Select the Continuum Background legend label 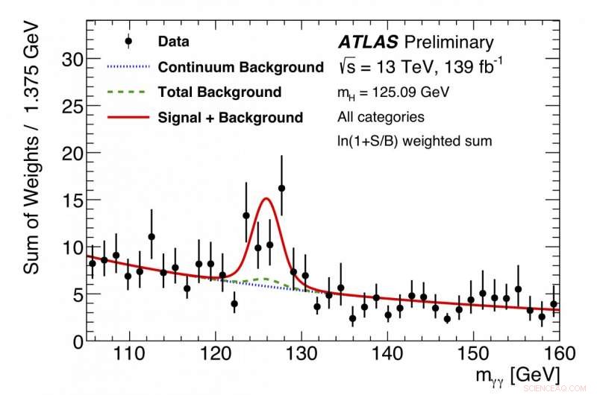tap(240, 67)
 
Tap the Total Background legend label tap(219, 92)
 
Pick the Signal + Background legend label tap(230, 117)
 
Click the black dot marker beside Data tap(129, 42)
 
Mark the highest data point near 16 tap(281, 188)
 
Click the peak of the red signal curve tap(266, 198)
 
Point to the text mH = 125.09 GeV tap(392, 92)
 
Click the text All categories tap(381, 117)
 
